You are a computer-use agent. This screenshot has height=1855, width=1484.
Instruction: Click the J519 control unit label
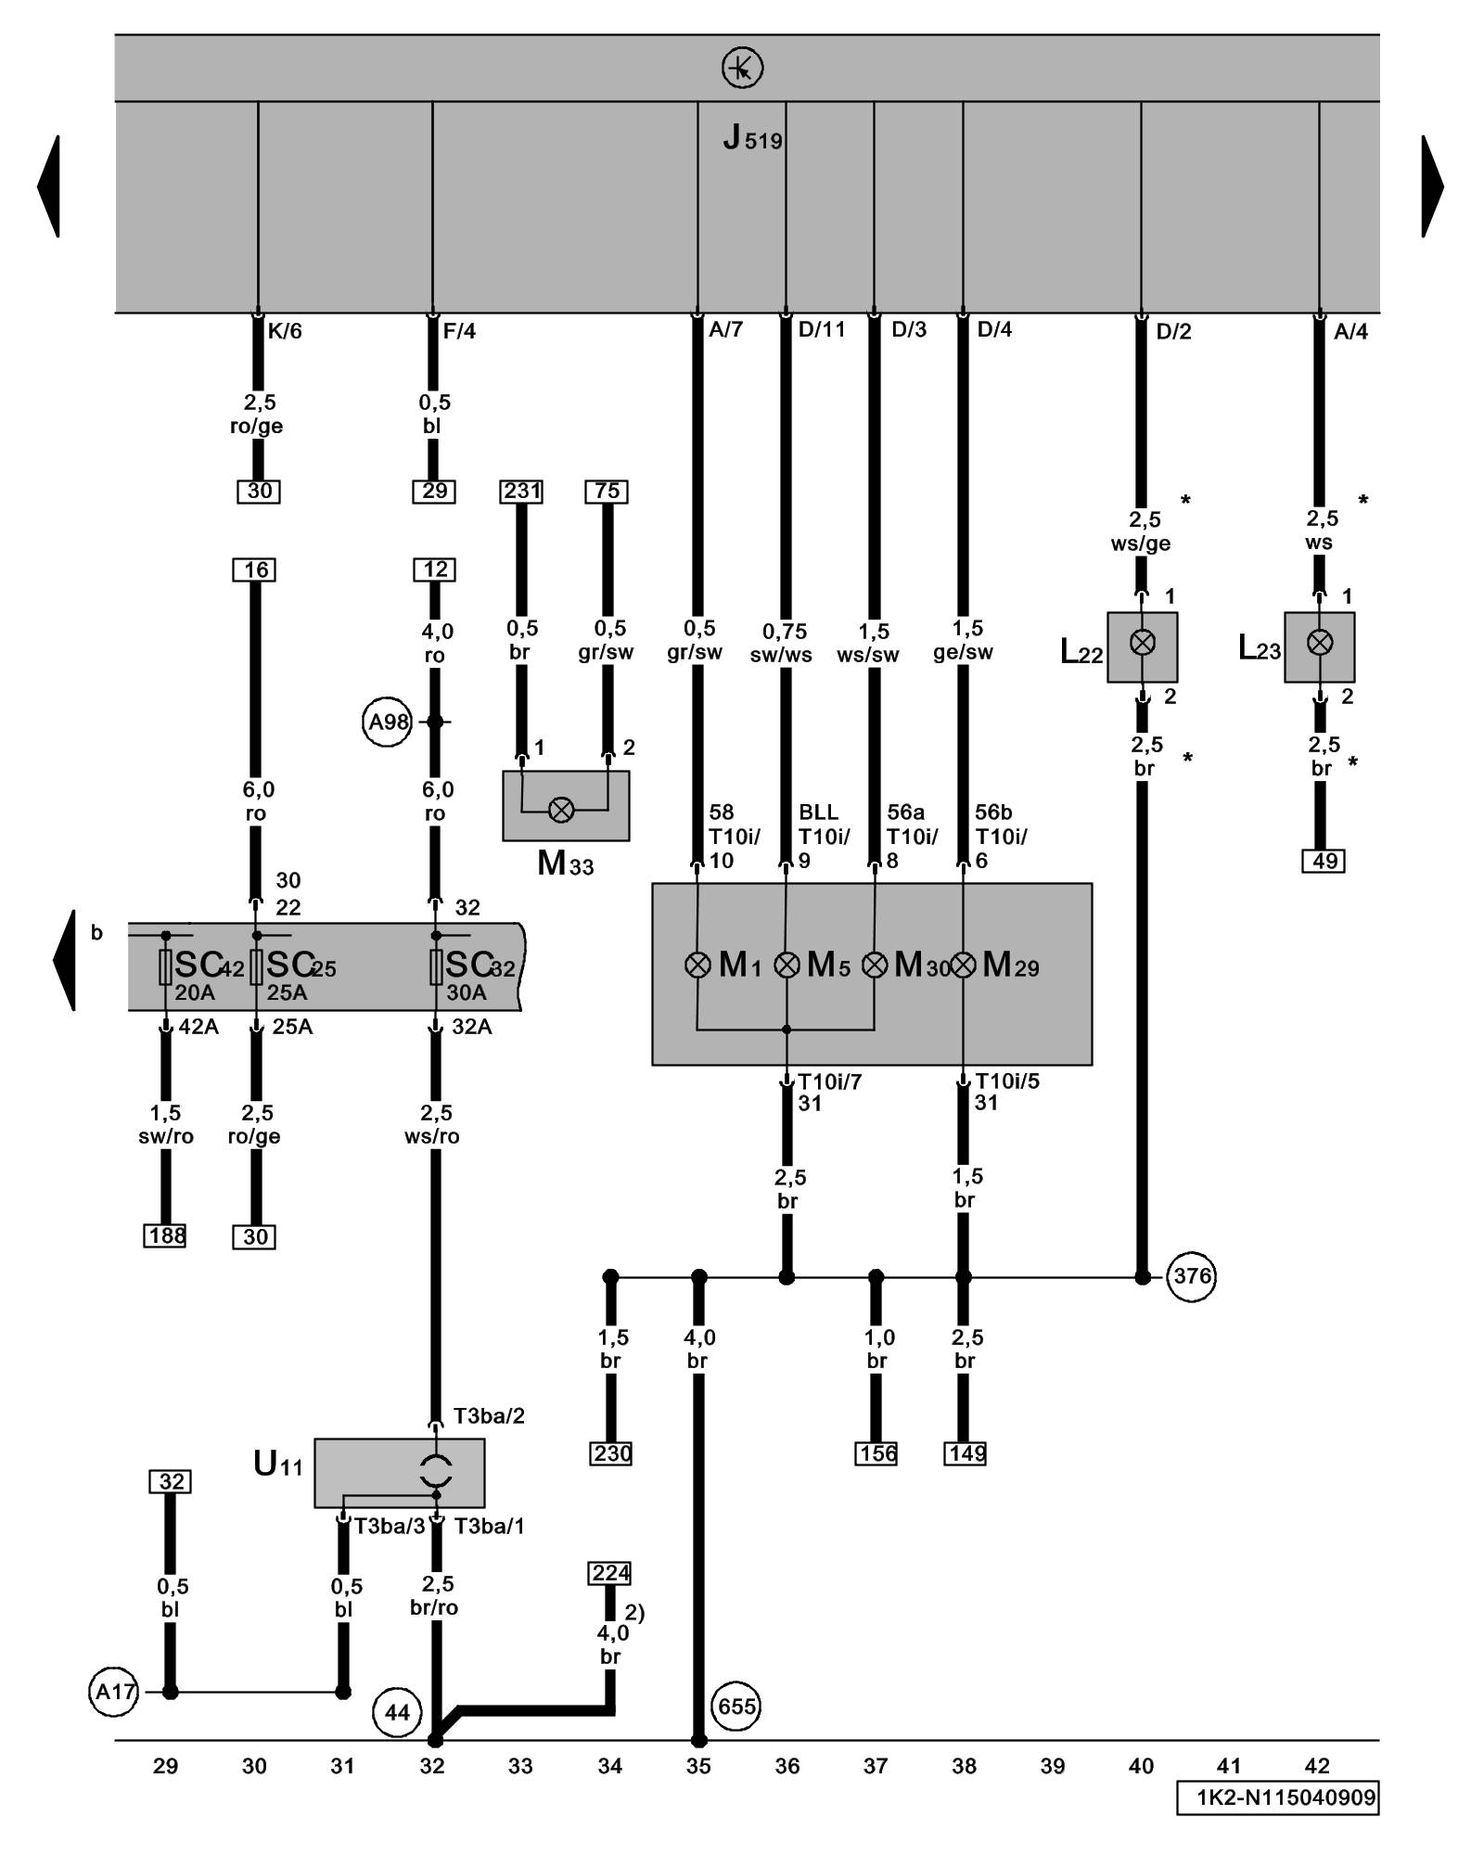752,140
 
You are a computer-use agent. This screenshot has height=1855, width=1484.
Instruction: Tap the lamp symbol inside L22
1143,643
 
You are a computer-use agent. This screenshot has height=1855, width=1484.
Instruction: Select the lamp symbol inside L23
1320,643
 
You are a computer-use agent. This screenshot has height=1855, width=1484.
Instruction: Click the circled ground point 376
1191,1276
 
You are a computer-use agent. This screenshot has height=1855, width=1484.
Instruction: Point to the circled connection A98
387,722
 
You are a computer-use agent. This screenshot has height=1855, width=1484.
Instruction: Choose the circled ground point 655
736,1707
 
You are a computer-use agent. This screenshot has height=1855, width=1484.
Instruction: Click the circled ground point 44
397,1712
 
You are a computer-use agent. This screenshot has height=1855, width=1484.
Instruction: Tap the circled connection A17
115,1692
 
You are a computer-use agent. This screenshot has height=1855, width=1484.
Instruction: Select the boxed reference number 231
521,491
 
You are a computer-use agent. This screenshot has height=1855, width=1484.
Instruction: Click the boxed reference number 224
610,1573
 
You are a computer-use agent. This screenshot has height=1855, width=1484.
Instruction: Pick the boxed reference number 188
165,1235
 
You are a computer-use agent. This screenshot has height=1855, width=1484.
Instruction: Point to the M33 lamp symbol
561,810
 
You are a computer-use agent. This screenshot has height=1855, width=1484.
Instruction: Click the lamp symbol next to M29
964,966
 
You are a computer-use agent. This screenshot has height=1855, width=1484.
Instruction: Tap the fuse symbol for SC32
436,966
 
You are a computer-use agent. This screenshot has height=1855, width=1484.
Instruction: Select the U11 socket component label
277,1465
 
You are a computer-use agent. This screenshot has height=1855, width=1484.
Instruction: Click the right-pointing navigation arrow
1432,186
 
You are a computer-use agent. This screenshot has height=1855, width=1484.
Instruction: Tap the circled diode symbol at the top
742,68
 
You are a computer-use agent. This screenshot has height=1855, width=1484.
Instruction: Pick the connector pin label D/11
822,330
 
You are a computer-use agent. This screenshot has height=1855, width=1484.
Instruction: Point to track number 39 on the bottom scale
1053,1766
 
